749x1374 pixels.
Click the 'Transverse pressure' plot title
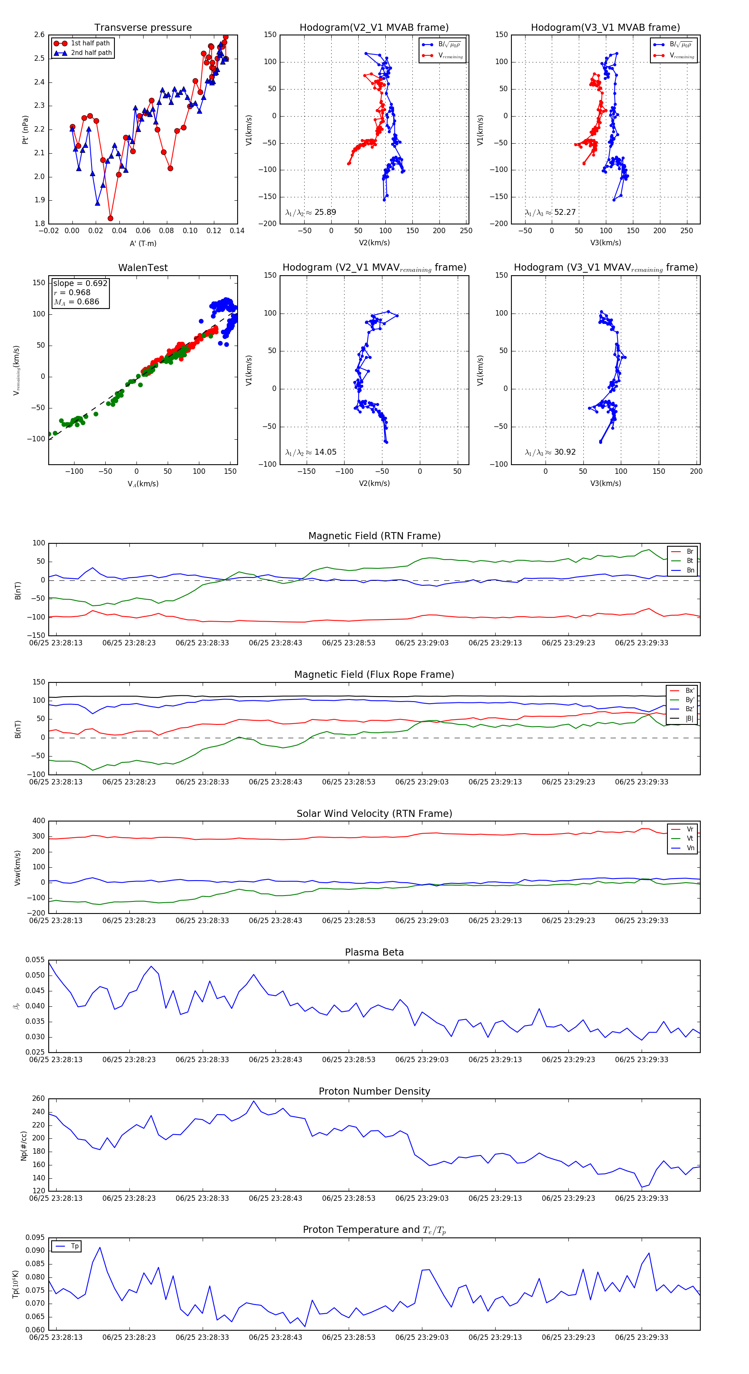coord(143,28)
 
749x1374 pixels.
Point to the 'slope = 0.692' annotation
coord(80,283)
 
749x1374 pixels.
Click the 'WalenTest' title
coord(143,268)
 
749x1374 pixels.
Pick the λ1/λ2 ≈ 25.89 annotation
coord(311,212)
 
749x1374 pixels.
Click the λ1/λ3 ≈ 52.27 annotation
coord(550,212)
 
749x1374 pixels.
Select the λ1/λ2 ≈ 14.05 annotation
coord(311,452)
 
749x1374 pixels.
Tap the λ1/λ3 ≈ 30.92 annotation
coord(550,452)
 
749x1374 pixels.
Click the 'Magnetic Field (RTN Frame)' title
coord(374,536)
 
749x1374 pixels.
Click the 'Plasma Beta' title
coord(374,953)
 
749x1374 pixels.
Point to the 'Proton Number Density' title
coord(374,1091)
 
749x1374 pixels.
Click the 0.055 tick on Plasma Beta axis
coord(35,960)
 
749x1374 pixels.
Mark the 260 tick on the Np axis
coord(38,1099)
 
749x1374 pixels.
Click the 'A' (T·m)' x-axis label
coord(143,244)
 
